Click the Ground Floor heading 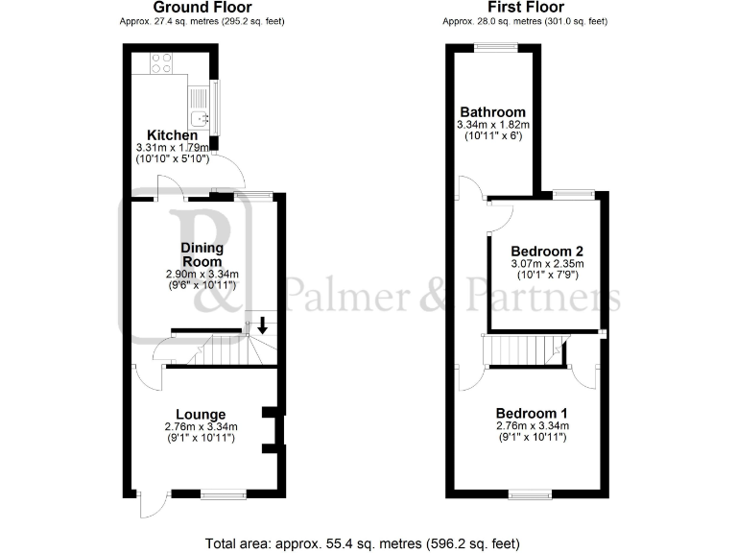[203, 8]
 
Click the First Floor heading [524, 8]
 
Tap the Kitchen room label [173, 135]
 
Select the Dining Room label [202, 254]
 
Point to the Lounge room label [202, 415]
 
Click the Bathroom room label [493, 111]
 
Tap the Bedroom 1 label [532, 413]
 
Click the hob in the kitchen [161, 63]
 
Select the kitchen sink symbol [200, 118]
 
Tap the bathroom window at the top [496, 48]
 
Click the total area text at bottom [363, 543]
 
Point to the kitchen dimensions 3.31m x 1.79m [173, 148]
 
